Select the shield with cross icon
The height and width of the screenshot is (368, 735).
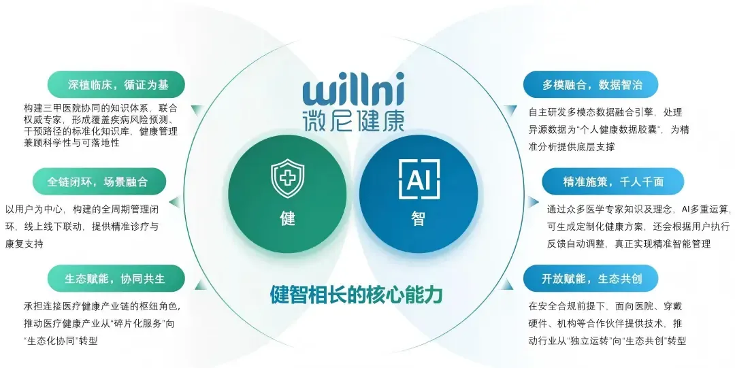point(287,178)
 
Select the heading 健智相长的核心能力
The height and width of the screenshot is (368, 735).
point(357,295)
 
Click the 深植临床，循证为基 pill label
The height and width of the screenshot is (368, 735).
point(116,84)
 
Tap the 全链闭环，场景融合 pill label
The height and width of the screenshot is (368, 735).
point(98,182)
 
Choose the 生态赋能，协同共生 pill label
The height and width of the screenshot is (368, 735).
point(116,279)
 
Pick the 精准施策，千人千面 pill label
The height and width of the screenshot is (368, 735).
point(612,182)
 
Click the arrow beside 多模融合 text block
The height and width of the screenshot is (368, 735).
point(512,110)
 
